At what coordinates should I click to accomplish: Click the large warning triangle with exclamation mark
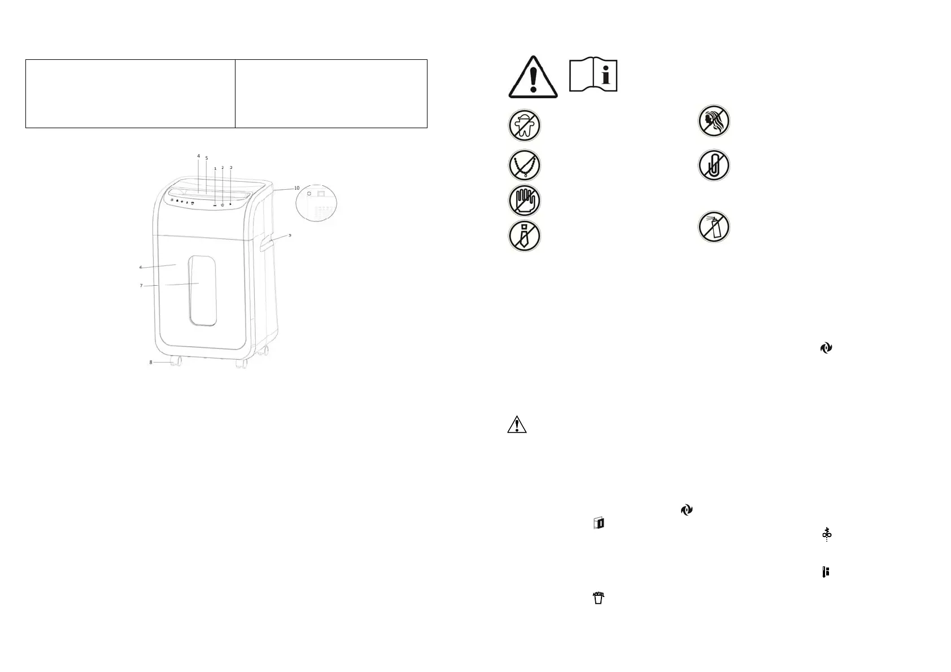click(x=533, y=77)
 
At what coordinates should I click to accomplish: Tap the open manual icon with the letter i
click(x=593, y=75)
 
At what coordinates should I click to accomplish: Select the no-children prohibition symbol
click(x=524, y=125)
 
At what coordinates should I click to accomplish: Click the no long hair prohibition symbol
click(x=714, y=121)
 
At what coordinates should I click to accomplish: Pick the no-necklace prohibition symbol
click(x=524, y=165)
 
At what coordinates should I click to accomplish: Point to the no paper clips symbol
click(x=714, y=165)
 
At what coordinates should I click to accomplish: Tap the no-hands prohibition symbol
click(x=524, y=200)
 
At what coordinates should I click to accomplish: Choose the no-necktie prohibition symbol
click(x=524, y=235)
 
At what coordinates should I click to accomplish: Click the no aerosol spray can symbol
click(x=714, y=227)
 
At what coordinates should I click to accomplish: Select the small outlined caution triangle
click(x=517, y=425)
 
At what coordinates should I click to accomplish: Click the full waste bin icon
click(x=599, y=597)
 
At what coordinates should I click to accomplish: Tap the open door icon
click(x=599, y=523)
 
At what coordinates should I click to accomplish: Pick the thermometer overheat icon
click(x=826, y=572)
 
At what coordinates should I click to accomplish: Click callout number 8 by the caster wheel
click(x=151, y=362)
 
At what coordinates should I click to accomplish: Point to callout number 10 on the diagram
click(x=296, y=188)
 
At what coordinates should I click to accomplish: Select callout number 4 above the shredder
click(x=198, y=156)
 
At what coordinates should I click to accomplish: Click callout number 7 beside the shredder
click(x=141, y=286)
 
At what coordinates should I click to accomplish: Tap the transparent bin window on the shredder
click(x=203, y=291)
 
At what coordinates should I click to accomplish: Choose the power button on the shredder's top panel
click(x=223, y=204)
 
